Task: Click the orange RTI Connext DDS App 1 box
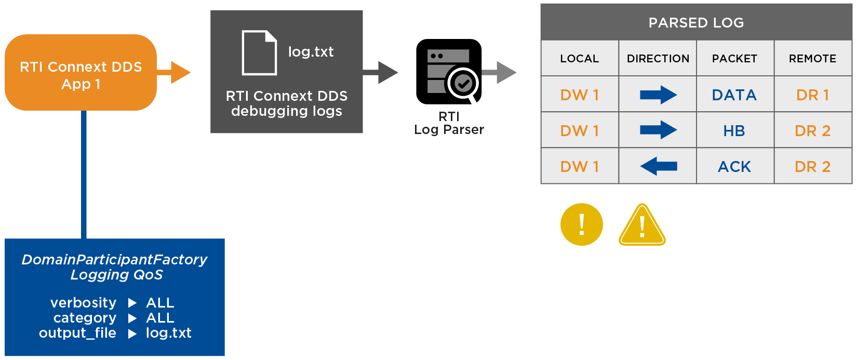click(x=81, y=73)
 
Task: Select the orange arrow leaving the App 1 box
click(x=177, y=73)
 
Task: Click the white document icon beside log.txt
click(x=259, y=52)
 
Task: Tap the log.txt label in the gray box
click(x=311, y=52)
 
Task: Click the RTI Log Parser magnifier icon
click(x=449, y=72)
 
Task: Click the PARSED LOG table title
click(x=696, y=23)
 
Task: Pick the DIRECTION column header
click(x=658, y=59)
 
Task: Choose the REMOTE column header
click(x=812, y=59)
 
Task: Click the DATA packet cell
click(x=734, y=95)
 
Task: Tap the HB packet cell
click(x=734, y=131)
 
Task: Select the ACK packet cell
click(x=734, y=167)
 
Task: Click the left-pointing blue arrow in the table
click(x=658, y=166)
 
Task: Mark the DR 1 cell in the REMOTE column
click(x=812, y=95)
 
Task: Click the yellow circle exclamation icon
click(x=582, y=224)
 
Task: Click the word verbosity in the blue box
click(x=83, y=302)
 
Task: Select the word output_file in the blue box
click(x=77, y=333)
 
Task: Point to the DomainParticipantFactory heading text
click(x=114, y=260)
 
